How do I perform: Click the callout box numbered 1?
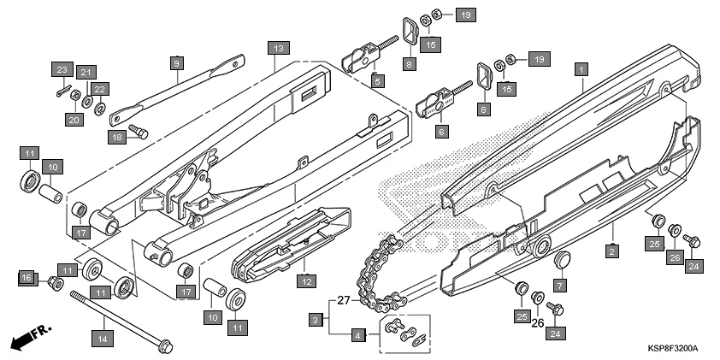click(581, 68)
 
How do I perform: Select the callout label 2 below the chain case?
click(612, 251)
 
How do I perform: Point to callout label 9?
click(177, 63)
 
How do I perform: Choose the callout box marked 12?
click(305, 280)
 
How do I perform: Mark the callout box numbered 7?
click(560, 285)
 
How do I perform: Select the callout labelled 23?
click(62, 69)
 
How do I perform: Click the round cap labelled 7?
click(563, 259)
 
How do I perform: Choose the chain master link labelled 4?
click(404, 332)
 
